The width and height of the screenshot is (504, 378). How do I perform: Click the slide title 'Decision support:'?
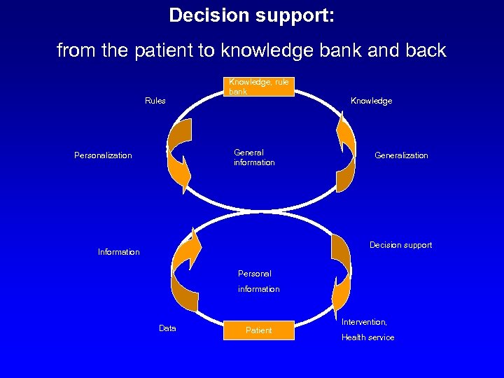[x=251, y=15]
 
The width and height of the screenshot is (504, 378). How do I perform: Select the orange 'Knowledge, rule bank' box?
[x=259, y=87]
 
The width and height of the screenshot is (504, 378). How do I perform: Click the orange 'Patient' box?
[x=258, y=330]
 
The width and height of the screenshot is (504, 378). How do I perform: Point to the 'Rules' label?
[x=155, y=101]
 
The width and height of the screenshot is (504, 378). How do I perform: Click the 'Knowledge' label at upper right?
[x=371, y=101]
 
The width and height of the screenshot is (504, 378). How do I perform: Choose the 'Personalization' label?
[x=103, y=155]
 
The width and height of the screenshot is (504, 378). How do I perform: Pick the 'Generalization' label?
[x=401, y=155]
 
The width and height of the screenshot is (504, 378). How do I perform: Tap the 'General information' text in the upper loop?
[x=254, y=157]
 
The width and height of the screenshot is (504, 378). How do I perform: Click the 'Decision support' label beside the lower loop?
[x=400, y=245]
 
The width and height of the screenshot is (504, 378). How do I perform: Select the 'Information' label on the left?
[x=118, y=252]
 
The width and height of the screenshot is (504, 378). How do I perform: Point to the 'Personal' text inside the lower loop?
[x=255, y=274]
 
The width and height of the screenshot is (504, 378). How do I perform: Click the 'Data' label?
[x=167, y=328]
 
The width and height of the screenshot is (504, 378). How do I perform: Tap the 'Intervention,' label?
[x=364, y=322]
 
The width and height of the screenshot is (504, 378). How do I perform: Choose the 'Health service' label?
[x=367, y=337]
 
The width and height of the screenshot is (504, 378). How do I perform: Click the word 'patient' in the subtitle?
[x=153, y=51]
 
